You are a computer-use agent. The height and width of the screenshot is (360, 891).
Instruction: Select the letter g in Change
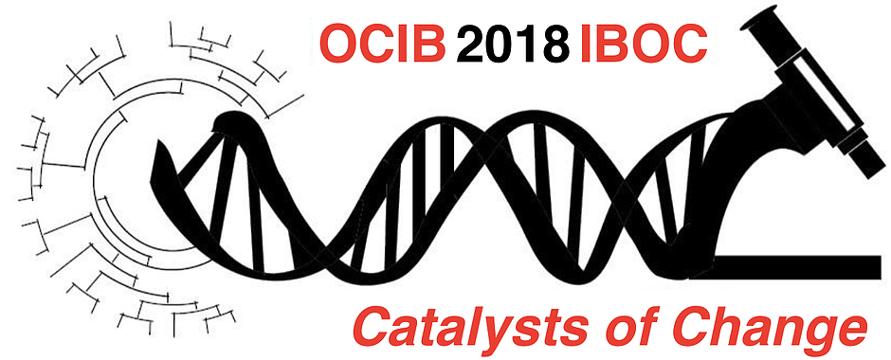pyautogui.click(x=815, y=333)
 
